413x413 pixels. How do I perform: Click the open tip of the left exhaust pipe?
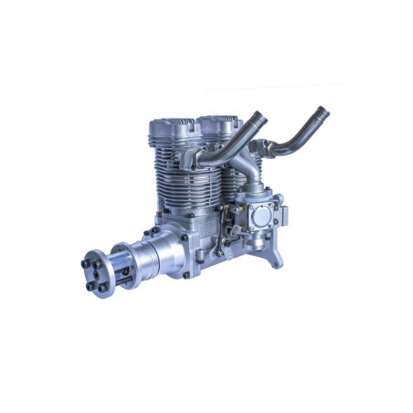258,116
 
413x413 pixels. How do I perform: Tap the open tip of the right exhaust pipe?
322,113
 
